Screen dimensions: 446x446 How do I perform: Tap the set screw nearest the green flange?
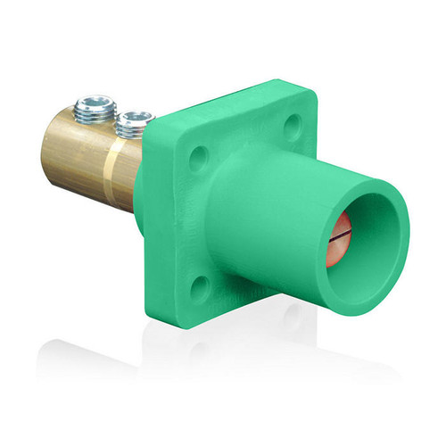[x=137, y=119]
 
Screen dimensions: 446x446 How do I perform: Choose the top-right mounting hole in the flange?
[x=293, y=128]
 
